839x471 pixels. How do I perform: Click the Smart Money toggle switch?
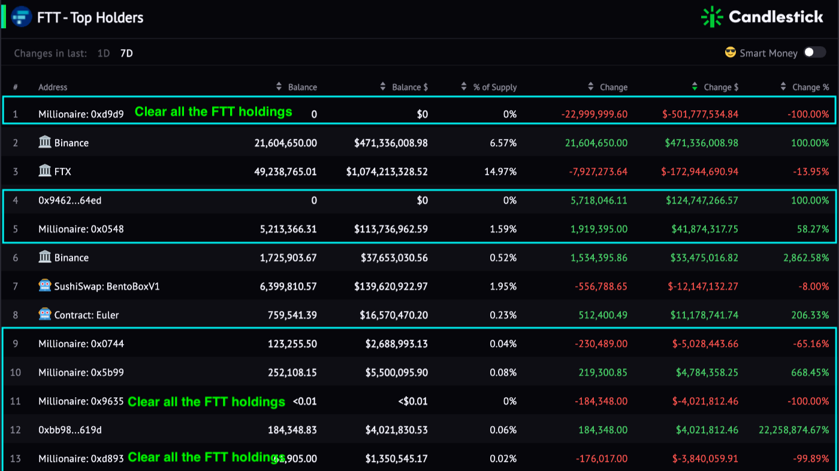point(814,53)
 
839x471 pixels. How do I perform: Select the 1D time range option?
point(104,53)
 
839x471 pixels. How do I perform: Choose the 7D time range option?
point(126,53)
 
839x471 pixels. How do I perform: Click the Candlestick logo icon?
point(712,17)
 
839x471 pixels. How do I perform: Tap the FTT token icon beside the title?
point(22,17)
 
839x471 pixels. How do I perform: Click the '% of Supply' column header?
point(494,87)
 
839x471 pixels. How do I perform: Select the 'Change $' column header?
point(721,87)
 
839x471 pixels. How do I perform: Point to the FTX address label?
point(62,171)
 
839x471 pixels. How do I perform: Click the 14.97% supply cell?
point(500,171)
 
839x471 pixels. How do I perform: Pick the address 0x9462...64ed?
point(70,200)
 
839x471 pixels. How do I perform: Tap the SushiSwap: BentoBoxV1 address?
point(107,286)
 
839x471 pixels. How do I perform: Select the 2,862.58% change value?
point(805,258)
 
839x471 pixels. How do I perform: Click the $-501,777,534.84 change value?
point(700,114)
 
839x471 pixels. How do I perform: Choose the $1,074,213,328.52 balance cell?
point(387,171)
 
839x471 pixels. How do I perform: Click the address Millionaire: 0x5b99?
point(81,373)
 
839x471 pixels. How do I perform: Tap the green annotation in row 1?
point(213,111)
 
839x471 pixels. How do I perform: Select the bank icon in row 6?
point(45,257)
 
